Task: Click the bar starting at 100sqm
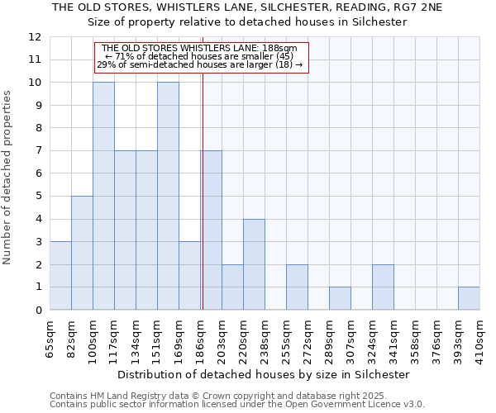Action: point(103,197)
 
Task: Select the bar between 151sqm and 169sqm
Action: point(168,197)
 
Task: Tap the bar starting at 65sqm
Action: point(60,276)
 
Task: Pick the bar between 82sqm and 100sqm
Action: point(82,253)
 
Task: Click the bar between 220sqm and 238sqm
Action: point(254,264)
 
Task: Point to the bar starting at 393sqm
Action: point(469,298)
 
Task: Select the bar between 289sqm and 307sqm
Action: point(340,298)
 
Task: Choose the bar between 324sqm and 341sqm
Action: point(383,287)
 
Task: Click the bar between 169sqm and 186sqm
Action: point(189,276)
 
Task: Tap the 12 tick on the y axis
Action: point(35,37)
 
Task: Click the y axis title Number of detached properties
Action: point(8,178)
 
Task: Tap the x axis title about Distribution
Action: point(264,374)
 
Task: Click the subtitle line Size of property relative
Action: point(247,22)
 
